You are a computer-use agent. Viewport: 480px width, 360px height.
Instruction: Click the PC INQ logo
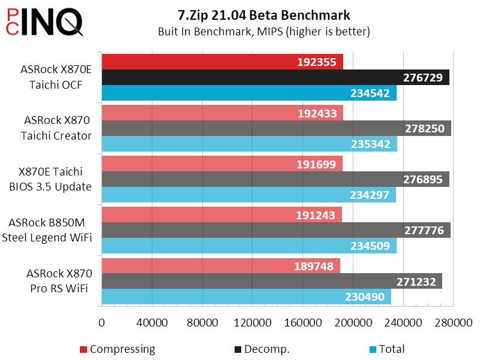click(x=43, y=23)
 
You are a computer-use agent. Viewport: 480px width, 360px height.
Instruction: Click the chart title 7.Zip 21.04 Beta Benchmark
click(x=264, y=15)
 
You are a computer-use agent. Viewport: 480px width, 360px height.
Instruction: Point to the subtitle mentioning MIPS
click(x=264, y=31)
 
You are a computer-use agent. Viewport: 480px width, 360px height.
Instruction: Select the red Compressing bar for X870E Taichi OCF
click(x=198, y=62)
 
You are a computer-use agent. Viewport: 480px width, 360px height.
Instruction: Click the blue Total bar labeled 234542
click(x=228, y=93)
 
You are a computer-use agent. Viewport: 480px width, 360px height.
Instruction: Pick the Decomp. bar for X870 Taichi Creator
click(x=240, y=128)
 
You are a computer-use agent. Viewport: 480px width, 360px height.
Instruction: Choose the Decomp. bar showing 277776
click(x=240, y=230)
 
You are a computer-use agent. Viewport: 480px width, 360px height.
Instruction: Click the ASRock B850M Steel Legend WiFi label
click(x=48, y=230)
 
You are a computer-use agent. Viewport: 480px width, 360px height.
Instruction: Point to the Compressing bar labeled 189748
click(x=198, y=266)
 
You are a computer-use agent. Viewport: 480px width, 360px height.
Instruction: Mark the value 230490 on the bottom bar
click(x=366, y=297)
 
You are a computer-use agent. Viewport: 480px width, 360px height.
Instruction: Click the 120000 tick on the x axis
click(x=252, y=323)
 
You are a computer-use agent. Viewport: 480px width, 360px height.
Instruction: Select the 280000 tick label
click(x=453, y=323)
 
